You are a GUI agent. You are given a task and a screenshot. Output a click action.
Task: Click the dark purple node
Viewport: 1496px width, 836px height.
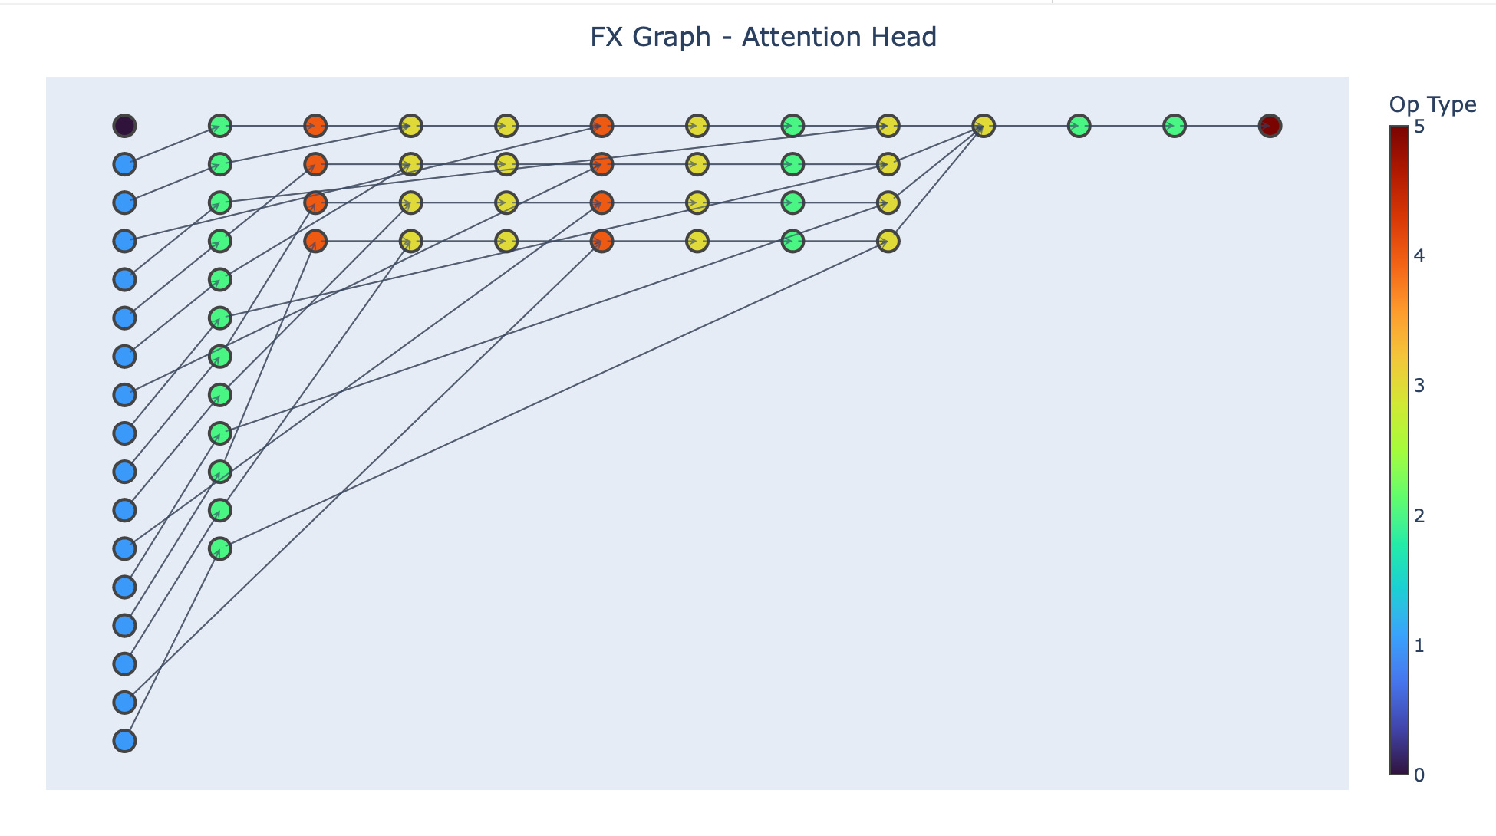click(124, 125)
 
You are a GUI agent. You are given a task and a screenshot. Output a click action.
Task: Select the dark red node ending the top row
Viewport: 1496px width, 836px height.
click(1270, 125)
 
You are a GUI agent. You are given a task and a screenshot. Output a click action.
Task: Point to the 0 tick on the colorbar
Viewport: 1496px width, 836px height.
click(1419, 775)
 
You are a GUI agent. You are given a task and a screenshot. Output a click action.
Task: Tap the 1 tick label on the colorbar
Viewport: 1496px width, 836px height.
click(1419, 646)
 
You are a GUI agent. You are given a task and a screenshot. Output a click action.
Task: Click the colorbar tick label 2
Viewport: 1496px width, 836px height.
click(1419, 515)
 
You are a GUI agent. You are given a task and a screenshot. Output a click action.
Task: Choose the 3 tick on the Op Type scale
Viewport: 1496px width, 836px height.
click(1419, 386)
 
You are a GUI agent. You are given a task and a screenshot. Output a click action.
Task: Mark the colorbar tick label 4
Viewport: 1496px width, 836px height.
click(1419, 256)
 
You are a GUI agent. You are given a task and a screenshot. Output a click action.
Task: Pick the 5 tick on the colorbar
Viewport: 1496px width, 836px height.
click(1419, 127)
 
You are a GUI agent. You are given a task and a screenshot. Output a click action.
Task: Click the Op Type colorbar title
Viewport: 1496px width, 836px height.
click(1432, 104)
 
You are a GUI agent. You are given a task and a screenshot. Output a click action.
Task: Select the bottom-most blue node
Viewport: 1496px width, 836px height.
click(124, 740)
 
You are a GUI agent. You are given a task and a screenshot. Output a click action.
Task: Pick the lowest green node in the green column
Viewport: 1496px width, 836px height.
click(220, 548)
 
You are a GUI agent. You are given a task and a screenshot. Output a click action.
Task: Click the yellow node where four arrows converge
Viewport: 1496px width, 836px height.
click(984, 125)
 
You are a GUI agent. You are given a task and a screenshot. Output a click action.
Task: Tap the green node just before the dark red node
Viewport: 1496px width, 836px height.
click(1175, 125)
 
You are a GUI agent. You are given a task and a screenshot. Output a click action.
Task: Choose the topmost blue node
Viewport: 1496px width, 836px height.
click(124, 163)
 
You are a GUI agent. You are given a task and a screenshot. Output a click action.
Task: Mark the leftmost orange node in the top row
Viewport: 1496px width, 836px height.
click(315, 125)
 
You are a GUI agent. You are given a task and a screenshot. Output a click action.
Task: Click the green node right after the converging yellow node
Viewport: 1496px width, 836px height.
click(1079, 125)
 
